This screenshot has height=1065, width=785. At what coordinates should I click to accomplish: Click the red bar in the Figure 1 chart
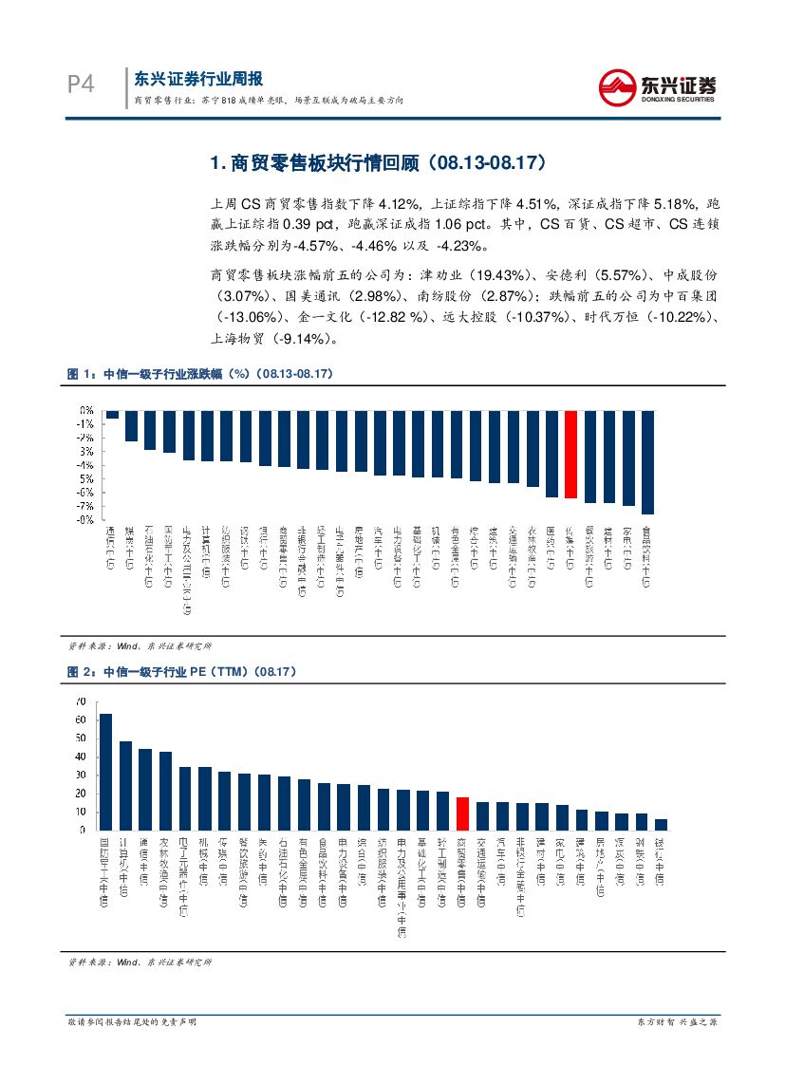(x=570, y=455)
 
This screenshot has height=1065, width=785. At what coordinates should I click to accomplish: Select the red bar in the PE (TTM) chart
(x=462, y=813)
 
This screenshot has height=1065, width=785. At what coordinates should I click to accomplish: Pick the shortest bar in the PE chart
(x=661, y=824)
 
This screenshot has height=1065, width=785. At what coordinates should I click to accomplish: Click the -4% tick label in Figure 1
(x=85, y=465)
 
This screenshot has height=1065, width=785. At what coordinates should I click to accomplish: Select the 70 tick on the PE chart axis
(x=80, y=701)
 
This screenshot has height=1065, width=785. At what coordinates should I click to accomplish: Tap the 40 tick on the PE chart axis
(x=80, y=757)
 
